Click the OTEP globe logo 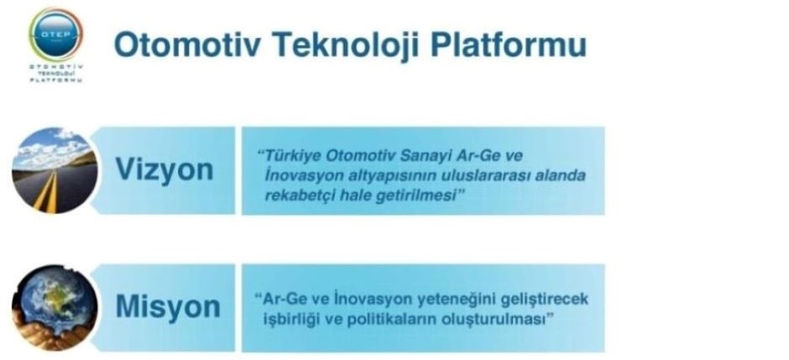pos(55,34)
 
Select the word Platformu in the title pos(509,44)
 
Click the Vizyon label pos(165,170)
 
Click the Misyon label pos(168,306)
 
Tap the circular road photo pos(55,170)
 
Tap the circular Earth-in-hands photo pos(55,307)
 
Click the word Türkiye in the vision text pos(292,156)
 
